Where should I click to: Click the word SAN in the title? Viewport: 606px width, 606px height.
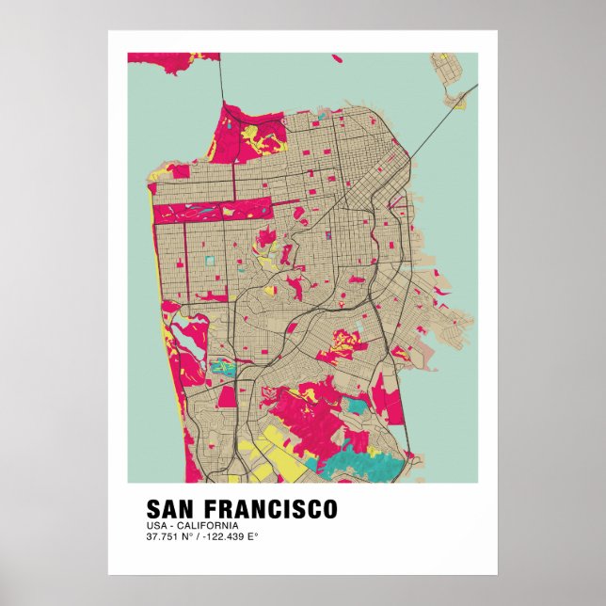173,509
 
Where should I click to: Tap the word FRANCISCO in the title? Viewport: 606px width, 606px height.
273,509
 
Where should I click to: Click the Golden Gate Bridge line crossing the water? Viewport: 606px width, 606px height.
221,80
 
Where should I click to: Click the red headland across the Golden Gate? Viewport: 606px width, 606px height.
174,57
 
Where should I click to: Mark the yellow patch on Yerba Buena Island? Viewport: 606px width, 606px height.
457,102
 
